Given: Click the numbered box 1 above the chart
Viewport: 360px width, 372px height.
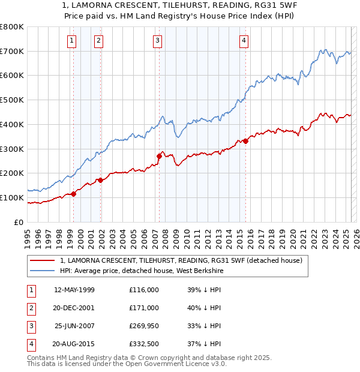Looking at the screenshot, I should pos(71,41).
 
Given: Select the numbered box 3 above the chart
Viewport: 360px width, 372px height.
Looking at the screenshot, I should pos(157,41).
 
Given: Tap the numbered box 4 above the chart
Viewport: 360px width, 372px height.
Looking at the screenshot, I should pos(244,41).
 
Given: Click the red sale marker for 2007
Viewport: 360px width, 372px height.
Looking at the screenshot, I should pos(159,156).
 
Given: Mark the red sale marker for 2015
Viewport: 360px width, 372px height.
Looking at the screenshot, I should pos(246,141).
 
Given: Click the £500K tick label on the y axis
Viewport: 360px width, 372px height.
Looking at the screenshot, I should pos(11,100).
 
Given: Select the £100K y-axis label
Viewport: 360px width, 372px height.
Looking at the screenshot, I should pos(11,198).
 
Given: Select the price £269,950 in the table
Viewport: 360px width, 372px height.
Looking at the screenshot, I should pos(143,326).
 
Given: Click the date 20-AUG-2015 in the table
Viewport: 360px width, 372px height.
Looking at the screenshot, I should pos(74,344).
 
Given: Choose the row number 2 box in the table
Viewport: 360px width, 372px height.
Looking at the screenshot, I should pos(30,308).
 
